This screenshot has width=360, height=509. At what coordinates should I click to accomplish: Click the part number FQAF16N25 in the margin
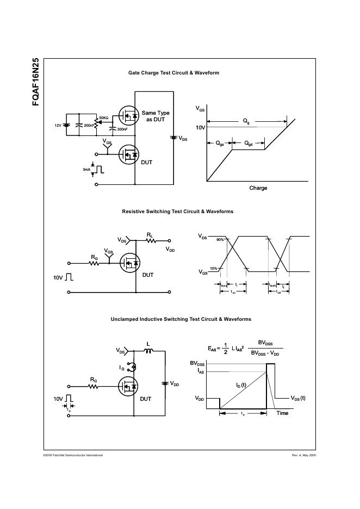coord(35,82)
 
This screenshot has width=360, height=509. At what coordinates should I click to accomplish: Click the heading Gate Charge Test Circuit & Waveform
coord(173,73)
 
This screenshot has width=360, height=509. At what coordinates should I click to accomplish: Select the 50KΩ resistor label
coord(103,118)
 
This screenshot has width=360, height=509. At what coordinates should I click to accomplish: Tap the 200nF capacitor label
coord(89,126)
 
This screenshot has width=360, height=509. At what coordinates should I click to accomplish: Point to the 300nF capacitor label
coord(122,129)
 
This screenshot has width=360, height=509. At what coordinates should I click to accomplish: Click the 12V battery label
coord(58,126)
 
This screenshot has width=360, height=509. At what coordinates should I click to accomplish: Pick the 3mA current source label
coord(86,170)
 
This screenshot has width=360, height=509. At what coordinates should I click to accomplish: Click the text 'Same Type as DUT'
coord(156,116)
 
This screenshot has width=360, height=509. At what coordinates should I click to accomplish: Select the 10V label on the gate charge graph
coord(201,127)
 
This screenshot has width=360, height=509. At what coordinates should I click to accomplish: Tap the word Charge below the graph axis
coord(258,188)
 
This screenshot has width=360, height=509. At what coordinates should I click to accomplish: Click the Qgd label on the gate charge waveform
coord(248,144)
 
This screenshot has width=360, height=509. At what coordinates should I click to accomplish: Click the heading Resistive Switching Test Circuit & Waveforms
coord(177,212)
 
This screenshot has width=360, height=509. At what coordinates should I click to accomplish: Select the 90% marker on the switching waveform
coord(220,240)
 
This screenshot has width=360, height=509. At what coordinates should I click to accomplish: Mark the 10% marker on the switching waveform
coord(213,269)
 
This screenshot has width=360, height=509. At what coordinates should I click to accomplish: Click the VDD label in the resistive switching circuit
coord(170,249)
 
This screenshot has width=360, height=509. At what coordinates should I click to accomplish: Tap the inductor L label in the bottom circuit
coord(148,344)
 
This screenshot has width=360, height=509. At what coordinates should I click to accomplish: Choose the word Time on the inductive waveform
coord(282,413)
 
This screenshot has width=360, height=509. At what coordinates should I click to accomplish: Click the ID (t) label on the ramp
coord(241,385)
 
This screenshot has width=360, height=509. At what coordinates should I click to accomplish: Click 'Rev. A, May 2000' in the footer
coord(303,455)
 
